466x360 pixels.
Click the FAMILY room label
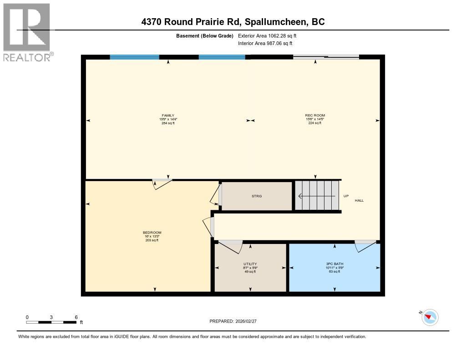tap(168, 115)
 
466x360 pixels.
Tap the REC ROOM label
tap(315, 115)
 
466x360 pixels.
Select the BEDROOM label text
tap(152, 233)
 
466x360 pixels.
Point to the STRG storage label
tap(257, 196)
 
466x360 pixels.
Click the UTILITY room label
tap(250, 264)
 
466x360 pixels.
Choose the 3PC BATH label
tap(334, 264)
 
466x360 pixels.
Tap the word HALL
tap(359, 200)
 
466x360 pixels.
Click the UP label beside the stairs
tap(346, 196)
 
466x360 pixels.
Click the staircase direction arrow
tap(316, 196)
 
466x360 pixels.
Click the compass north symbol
tap(430, 317)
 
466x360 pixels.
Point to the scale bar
tap(51, 322)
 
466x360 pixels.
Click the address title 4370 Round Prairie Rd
tap(233, 22)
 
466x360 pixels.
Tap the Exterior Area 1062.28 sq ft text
tap(268, 35)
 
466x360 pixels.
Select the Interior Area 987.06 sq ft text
tap(265, 43)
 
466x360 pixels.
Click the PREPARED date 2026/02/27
tap(236, 321)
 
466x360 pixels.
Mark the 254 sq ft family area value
tap(168, 123)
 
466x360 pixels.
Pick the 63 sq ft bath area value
tap(334, 271)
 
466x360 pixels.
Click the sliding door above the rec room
tap(326, 57)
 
